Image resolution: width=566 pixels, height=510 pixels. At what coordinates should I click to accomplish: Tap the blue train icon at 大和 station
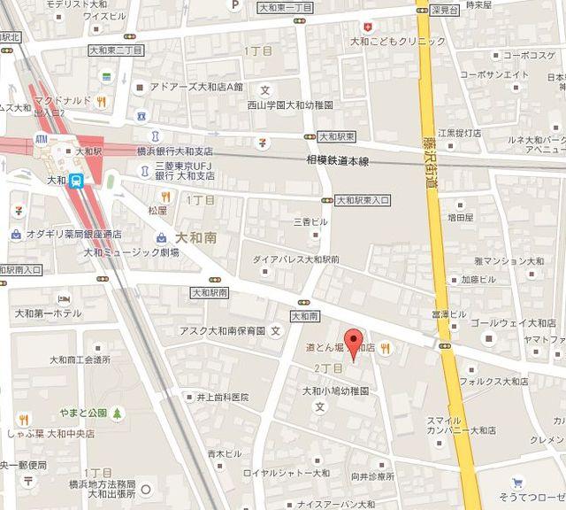78,180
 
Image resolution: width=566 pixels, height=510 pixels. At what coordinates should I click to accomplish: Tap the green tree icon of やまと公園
118,412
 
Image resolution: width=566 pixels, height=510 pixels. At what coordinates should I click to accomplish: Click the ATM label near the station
42,139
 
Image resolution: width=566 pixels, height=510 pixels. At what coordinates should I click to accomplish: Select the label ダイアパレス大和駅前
295,259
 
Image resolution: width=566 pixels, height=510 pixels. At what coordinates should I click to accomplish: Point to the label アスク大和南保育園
222,331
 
